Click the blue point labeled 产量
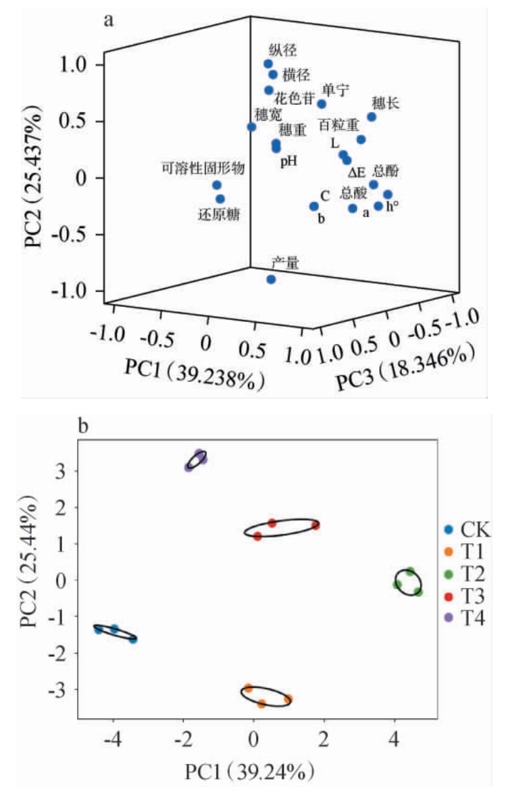(271, 279)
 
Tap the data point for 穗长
(372, 117)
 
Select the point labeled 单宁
(322, 104)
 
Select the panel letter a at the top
(107, 19)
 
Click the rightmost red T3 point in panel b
(315, 525)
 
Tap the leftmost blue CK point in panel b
(99, 630)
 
